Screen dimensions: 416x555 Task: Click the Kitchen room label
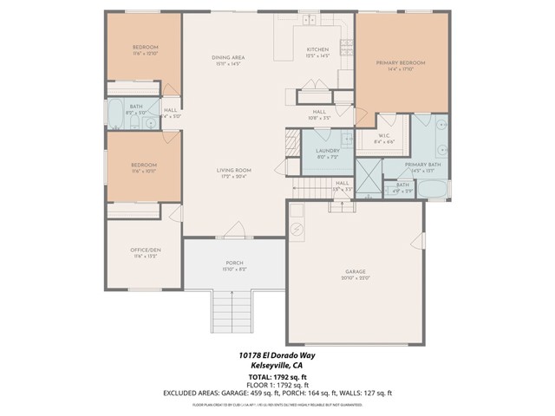[x=318, y=50]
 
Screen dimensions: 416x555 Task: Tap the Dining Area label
[x=229, y=57]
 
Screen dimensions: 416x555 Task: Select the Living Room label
[x=234, y=170]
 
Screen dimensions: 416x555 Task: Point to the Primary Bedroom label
[x=401, y=63]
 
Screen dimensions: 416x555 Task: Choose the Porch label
[x=234, y=263]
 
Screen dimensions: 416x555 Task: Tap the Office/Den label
[x=145, y=250]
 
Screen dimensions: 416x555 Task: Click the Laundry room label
[x=327, y=151]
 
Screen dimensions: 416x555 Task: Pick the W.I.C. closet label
[x=384, y=136]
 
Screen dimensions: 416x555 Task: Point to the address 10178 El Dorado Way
[x=277, y=354]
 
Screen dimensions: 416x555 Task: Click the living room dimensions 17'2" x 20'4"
[x=234, y=177]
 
